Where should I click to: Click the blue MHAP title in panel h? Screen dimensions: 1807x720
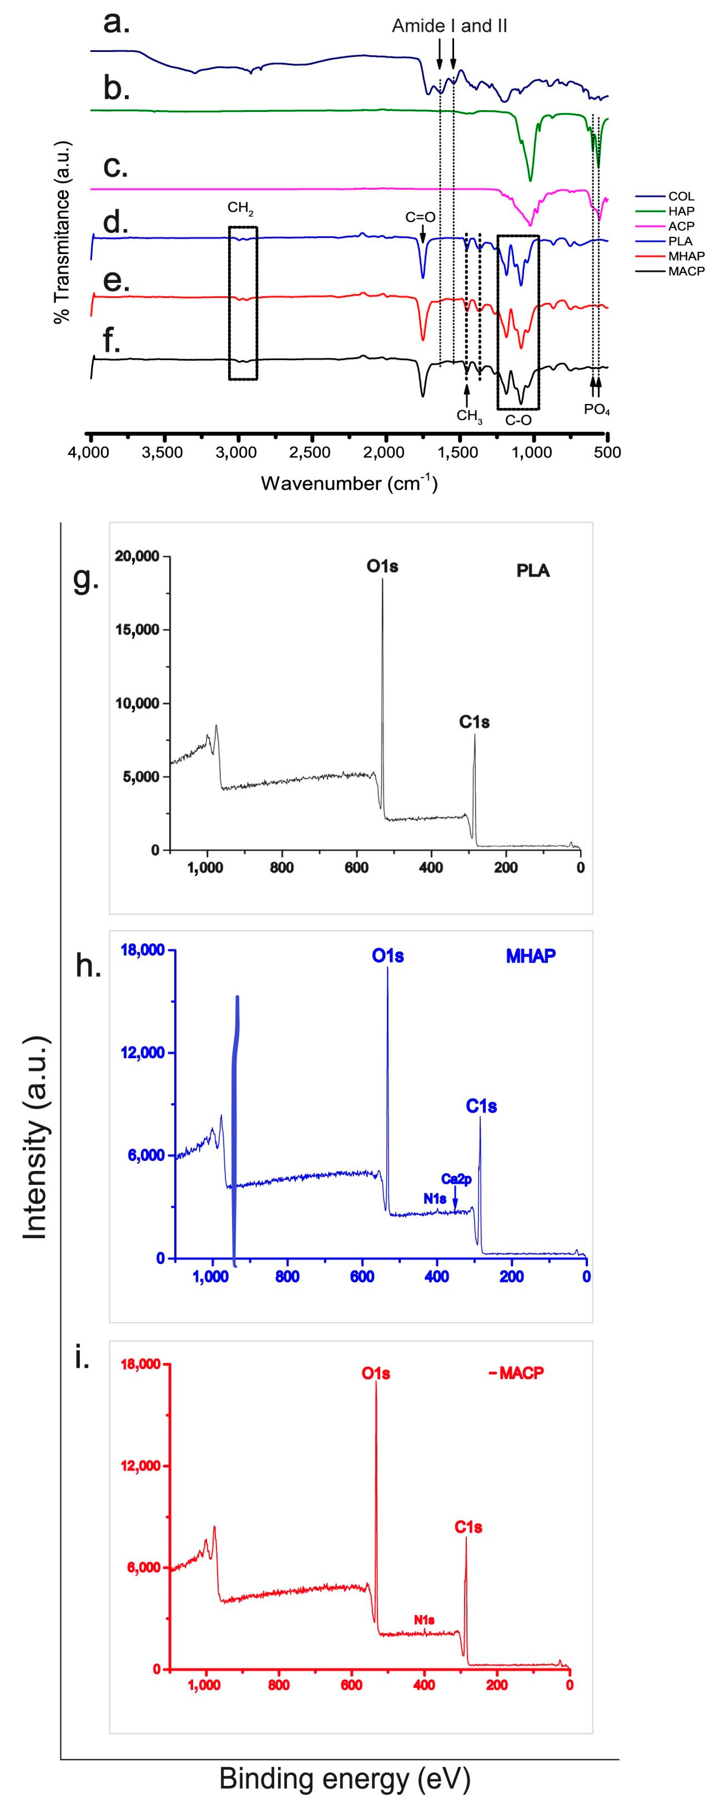pyautogui.click(x=531, y=955)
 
